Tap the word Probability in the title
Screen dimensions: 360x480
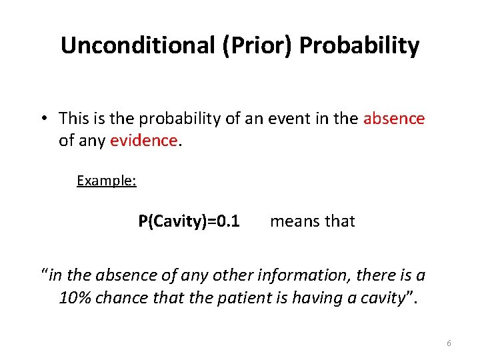click(x=360, y=46)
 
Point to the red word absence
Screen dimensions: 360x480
click(x=394, y=119)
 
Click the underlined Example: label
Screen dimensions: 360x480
click(x=107, y=181)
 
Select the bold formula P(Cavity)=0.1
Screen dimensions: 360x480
click(x=189, y=221)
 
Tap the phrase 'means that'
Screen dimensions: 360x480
click(x=312, y=221)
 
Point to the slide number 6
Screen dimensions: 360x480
click(x=449, y=343)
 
